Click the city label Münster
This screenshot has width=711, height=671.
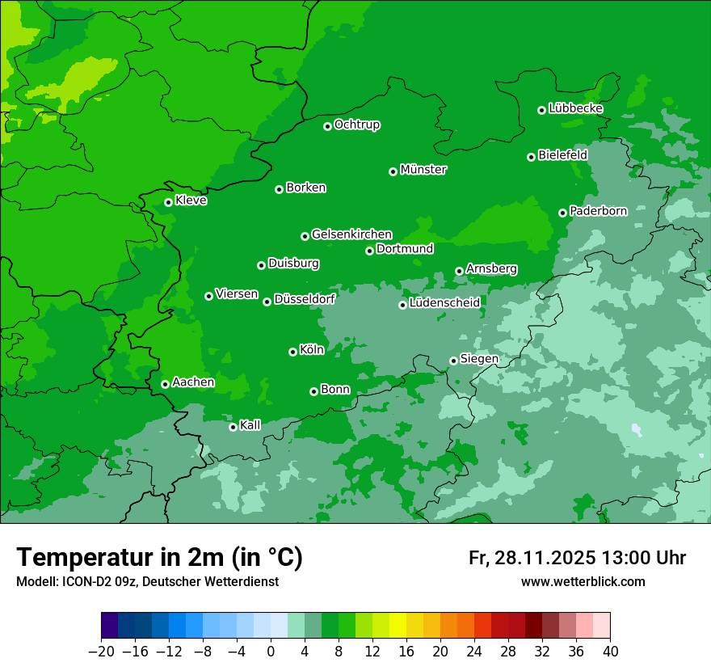tap(423, 170)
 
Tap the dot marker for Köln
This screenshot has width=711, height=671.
tap(292, 352)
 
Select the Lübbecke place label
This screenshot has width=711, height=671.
tap(575, 108)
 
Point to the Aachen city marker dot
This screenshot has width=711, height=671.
tap(165, 384)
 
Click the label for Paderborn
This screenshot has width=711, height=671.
tap(598, 211)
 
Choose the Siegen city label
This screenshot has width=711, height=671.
tap(479, 359)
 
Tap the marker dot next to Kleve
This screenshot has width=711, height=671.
tap(168, 202)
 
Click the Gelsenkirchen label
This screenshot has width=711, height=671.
tap(351, 234)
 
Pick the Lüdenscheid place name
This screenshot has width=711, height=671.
tap(444, 303)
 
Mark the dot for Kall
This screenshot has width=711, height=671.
tap(233, 427)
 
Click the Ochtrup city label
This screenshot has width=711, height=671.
tap(357, 124)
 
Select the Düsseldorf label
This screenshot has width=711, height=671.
tap(305, 299)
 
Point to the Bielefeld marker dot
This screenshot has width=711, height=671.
tap(531, 157)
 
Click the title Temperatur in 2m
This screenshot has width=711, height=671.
tap(159, 557)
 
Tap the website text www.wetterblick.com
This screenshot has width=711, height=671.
tap(583, 581)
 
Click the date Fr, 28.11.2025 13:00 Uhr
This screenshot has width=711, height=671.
tap(577, 558)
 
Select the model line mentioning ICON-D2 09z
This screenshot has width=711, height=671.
tap(147, 581)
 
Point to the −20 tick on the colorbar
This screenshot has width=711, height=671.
tap(101, 652)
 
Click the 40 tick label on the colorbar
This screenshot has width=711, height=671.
tap(610, 652)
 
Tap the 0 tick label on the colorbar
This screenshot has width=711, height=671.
tap(271, 652)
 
